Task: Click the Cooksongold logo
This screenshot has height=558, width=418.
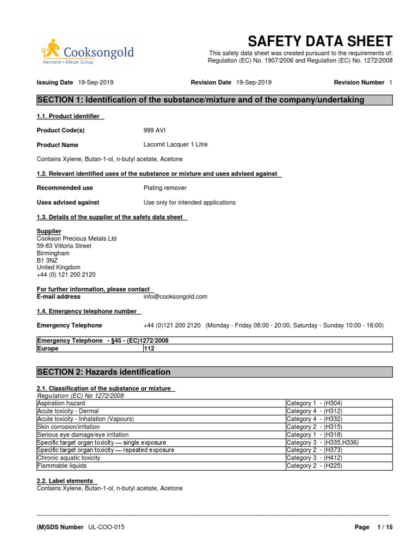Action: tap(87, 52)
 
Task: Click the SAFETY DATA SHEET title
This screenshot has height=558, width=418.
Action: tap(319, 41)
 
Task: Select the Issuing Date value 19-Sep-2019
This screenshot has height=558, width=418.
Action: tap(96, 82)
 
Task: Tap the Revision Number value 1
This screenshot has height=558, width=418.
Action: tap(390, 82)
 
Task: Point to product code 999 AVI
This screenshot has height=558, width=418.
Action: tap(156, 130)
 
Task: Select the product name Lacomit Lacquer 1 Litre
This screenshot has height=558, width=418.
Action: tap(175, 144)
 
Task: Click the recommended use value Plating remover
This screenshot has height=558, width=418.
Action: tap(165, 187)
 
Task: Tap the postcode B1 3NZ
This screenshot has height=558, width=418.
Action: tap(47, 260)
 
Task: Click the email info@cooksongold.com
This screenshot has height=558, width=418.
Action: tap(175, 296)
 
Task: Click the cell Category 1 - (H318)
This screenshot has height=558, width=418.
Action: tap(314, 435)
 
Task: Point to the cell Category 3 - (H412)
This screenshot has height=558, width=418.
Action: tap(314, 458)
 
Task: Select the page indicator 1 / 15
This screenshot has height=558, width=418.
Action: tap(384, 527)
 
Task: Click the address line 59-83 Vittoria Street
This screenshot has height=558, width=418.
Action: tap(64, 246)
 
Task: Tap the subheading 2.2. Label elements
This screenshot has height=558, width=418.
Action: tap(66, 481)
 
